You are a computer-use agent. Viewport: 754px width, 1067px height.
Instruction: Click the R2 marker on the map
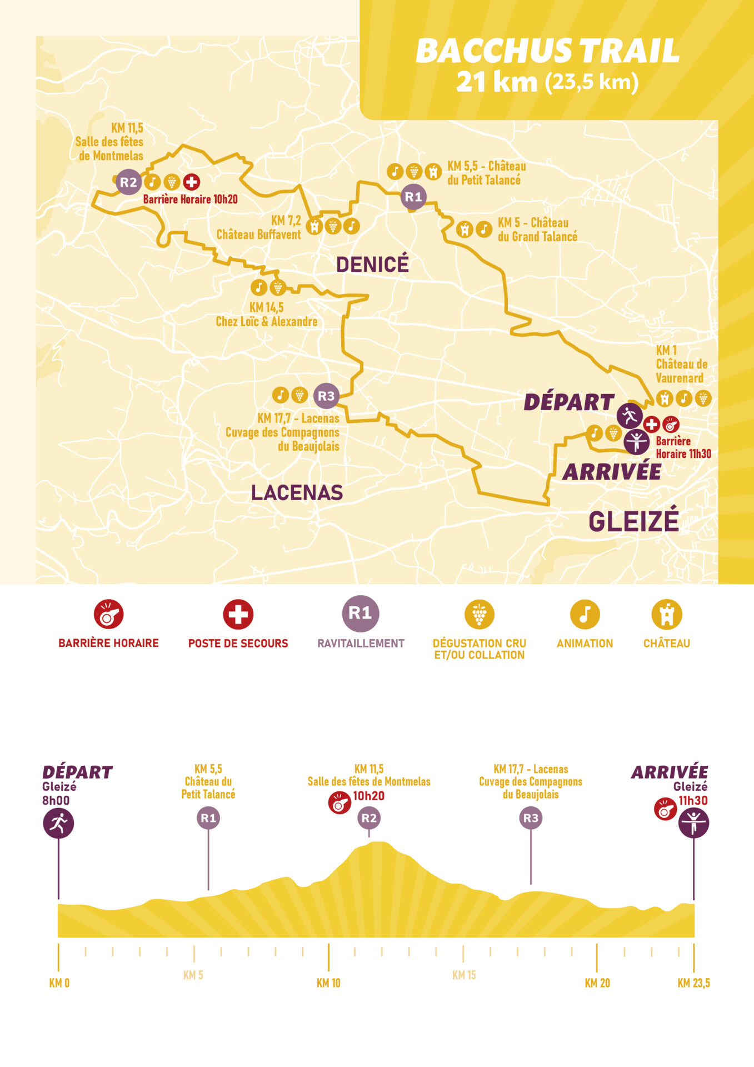point(128,182)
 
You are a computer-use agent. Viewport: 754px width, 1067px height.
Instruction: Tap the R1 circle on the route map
point(413,197)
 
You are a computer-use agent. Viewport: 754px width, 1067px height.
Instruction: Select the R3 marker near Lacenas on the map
point(326,396)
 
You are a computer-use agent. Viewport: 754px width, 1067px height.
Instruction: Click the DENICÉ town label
point(372,265)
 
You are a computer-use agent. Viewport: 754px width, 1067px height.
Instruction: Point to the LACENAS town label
point(297,492)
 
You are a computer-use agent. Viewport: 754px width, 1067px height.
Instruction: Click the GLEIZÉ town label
point(633,521)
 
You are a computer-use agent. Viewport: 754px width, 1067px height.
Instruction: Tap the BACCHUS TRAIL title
point(547,51)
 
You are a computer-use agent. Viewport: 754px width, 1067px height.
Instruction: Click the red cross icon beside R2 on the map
point(192,182)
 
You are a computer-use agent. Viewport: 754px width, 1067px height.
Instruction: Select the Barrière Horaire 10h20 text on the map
point(190,199)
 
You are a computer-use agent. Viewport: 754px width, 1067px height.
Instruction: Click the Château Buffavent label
point(258,235)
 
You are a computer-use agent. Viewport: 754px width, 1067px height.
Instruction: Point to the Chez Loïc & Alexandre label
point(267,321)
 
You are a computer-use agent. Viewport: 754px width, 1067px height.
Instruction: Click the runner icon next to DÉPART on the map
point(630,415)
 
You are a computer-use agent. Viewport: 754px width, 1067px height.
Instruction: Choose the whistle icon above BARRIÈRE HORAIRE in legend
point(108,614)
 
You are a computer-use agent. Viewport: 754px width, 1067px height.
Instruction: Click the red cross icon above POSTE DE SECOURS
point(238,614)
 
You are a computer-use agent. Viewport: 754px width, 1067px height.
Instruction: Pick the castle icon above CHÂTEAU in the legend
point(666,614)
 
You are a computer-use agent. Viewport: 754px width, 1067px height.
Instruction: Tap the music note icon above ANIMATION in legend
point(585,614)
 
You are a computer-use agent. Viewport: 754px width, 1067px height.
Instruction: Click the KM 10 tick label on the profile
point(328,983)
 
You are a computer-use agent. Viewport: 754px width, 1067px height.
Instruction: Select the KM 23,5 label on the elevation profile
point(693,983)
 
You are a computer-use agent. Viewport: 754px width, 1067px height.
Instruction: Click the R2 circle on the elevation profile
point(369,818)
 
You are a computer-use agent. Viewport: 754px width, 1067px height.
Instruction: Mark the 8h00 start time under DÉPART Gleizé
point(56,800)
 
